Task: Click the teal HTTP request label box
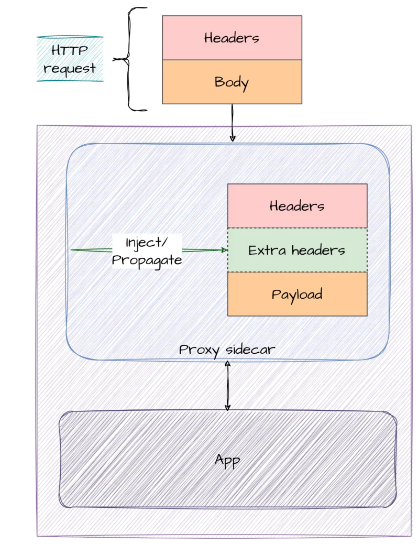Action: point(69,59)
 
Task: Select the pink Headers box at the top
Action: point(231,38)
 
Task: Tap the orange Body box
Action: point(231,82)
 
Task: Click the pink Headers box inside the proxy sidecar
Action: point(297,206)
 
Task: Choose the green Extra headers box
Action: point(297,250)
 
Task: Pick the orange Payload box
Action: point(297,294)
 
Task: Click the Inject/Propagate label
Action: point(147,252)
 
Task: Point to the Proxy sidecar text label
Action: point(226,350)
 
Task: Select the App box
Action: point(227,460)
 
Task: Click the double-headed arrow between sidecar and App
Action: point(227,385)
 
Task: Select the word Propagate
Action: point(147,260)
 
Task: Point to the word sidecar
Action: point(249,350)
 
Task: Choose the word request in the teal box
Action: point(69,68)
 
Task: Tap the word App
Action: point(227,460)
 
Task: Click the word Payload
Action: point(297,295)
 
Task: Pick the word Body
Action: point(231,83)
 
